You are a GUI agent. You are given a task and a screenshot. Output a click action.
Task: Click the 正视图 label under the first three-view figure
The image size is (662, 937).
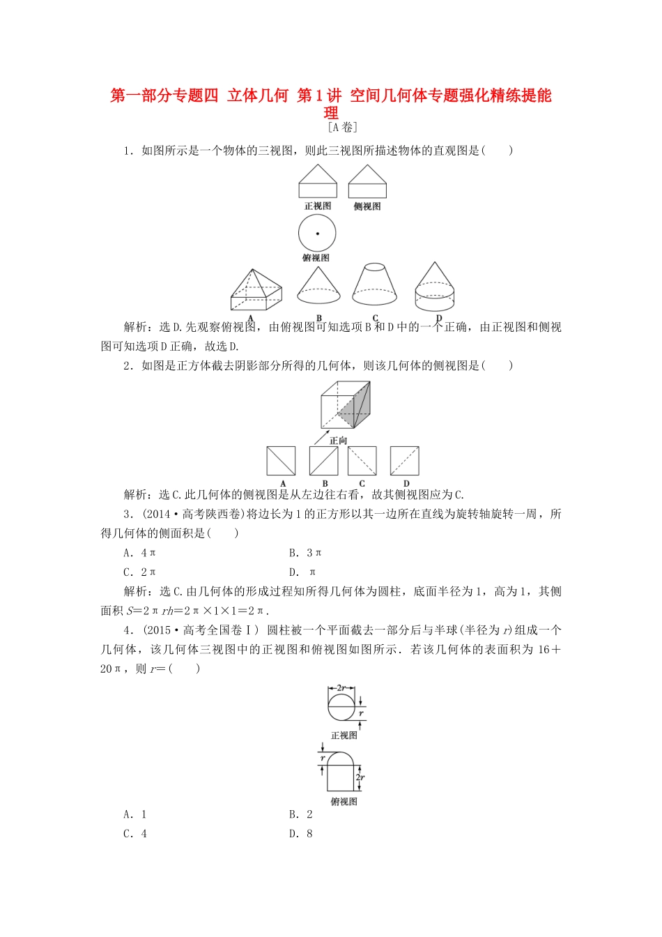coord(318,206)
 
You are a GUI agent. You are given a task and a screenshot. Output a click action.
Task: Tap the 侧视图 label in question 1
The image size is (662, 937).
coord(367,206)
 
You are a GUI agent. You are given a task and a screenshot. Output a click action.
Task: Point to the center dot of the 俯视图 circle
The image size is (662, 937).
coord(317,234)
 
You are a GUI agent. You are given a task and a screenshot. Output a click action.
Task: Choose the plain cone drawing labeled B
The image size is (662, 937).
coord(318,287)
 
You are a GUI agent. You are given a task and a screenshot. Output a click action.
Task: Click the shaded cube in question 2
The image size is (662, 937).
coord(346,405)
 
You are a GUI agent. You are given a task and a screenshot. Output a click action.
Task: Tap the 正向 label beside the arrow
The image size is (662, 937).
coord(339,441)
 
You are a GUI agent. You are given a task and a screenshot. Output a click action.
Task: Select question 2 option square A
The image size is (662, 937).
coord(282,461)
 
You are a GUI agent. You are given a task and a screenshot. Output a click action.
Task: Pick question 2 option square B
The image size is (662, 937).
coord(323,461)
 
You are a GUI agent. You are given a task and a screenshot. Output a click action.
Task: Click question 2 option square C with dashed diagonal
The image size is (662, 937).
coord(362,461)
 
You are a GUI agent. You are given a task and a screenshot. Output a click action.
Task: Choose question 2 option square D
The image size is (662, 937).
coord(405,461)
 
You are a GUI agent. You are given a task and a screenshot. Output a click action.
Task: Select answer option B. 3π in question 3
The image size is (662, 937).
coord(305,553)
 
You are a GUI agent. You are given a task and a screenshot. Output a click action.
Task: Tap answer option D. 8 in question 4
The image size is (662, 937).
coord(301,834)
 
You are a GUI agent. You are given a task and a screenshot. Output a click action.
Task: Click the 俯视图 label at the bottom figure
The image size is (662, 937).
coord(344,802)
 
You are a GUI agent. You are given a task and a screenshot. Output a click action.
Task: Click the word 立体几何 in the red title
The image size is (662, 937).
coord(258,96)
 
